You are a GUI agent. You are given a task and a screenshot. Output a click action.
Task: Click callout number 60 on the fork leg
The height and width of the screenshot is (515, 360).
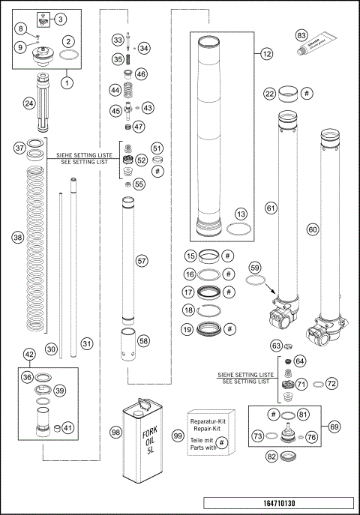point(313,231)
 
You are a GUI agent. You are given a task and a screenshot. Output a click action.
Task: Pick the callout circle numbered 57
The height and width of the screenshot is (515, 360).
point(139,261)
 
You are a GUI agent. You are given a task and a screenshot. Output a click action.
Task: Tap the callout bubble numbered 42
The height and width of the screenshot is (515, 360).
point(29,355)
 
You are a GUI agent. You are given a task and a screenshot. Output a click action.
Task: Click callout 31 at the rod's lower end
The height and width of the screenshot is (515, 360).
point(87,344)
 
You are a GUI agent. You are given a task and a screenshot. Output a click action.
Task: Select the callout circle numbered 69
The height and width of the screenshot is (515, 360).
point(334,426)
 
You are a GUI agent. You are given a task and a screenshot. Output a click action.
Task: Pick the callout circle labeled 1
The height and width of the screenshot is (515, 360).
point(67,83)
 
